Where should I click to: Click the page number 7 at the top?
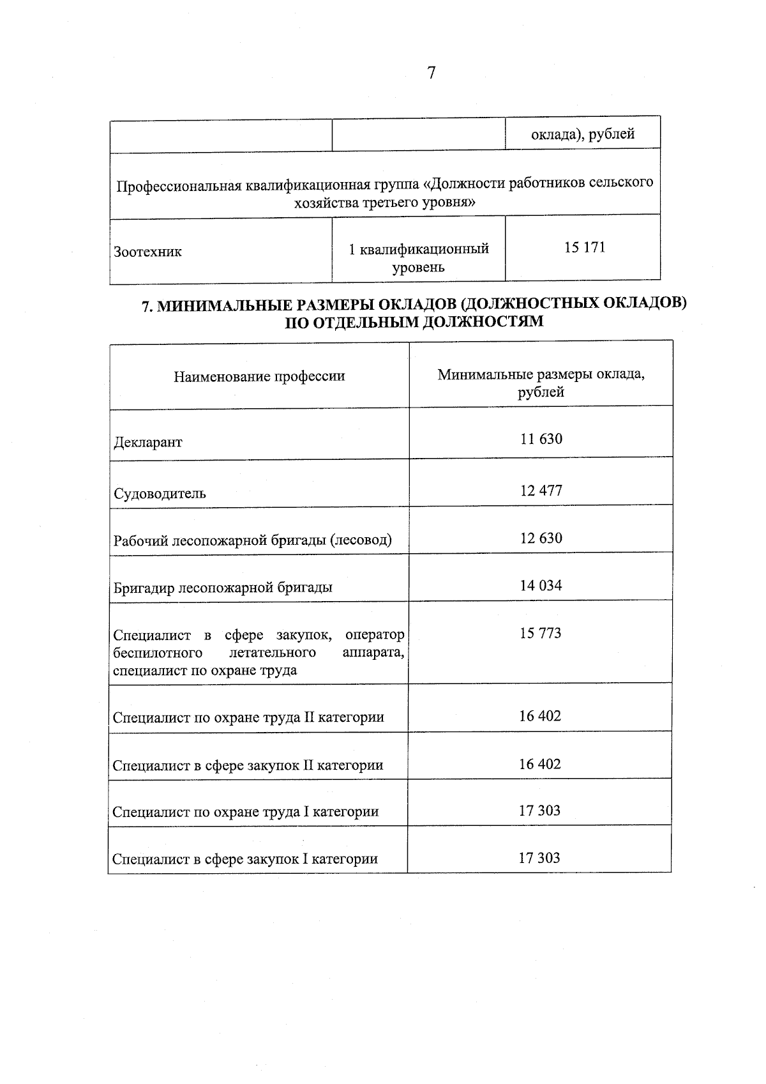tap(431, 73)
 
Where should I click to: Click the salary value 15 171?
tap(584, 248)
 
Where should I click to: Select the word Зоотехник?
tap(147, 252)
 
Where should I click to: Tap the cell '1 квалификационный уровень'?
tap(419, 257)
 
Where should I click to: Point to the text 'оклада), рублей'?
tap(583, 134)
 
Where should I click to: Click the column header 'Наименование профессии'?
tap(259, 376)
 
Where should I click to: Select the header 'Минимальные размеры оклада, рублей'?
tap(541, 383)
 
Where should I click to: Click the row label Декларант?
tap(147, 442)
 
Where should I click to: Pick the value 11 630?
tap(541, 439)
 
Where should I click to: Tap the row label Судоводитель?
tap(160, 493)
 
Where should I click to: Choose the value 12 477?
tap(541, 491)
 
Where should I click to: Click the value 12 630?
tap(541, 538)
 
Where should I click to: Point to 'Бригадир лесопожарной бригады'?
tap(223, 587)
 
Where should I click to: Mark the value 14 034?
tap(541, 585)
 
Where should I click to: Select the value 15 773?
tap(541, 633)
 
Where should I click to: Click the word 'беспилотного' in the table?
tap(158, 653)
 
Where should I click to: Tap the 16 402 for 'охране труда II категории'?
tap(540, 716)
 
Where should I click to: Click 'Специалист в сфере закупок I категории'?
tap(245, 859)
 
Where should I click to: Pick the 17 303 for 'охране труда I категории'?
tap(539, 811)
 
